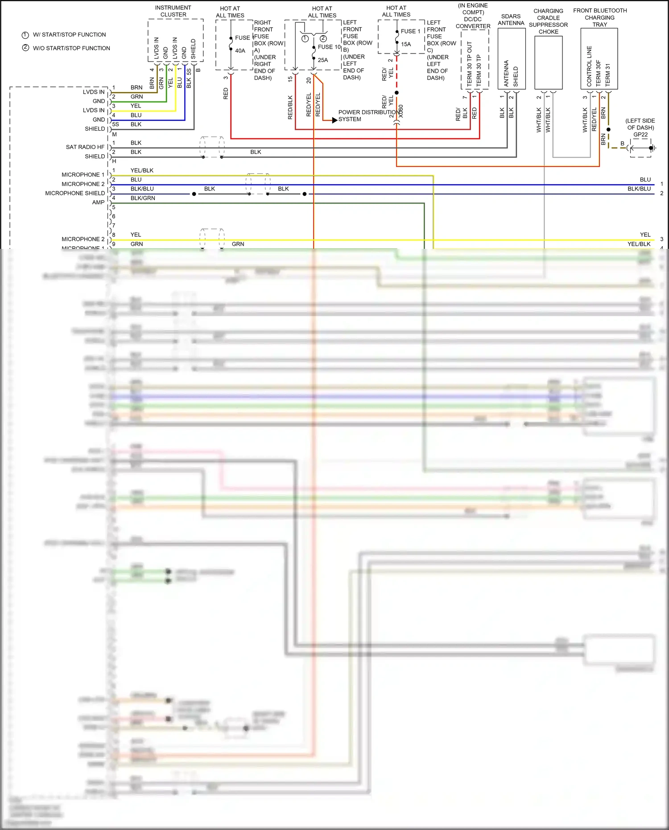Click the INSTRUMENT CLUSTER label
173,11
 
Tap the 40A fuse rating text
240,51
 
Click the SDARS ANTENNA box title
511,20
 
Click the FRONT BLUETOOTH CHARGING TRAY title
600,17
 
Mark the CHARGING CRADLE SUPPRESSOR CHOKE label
548,21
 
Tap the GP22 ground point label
640,135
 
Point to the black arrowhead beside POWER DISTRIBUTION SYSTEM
335,120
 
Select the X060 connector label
401,111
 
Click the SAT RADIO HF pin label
85,147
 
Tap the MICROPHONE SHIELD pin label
75,193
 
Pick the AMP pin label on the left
98,202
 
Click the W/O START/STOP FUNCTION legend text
71,48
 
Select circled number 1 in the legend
25,35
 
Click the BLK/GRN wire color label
143,198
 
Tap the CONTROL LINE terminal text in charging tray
589,66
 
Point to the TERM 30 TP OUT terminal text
469,64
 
